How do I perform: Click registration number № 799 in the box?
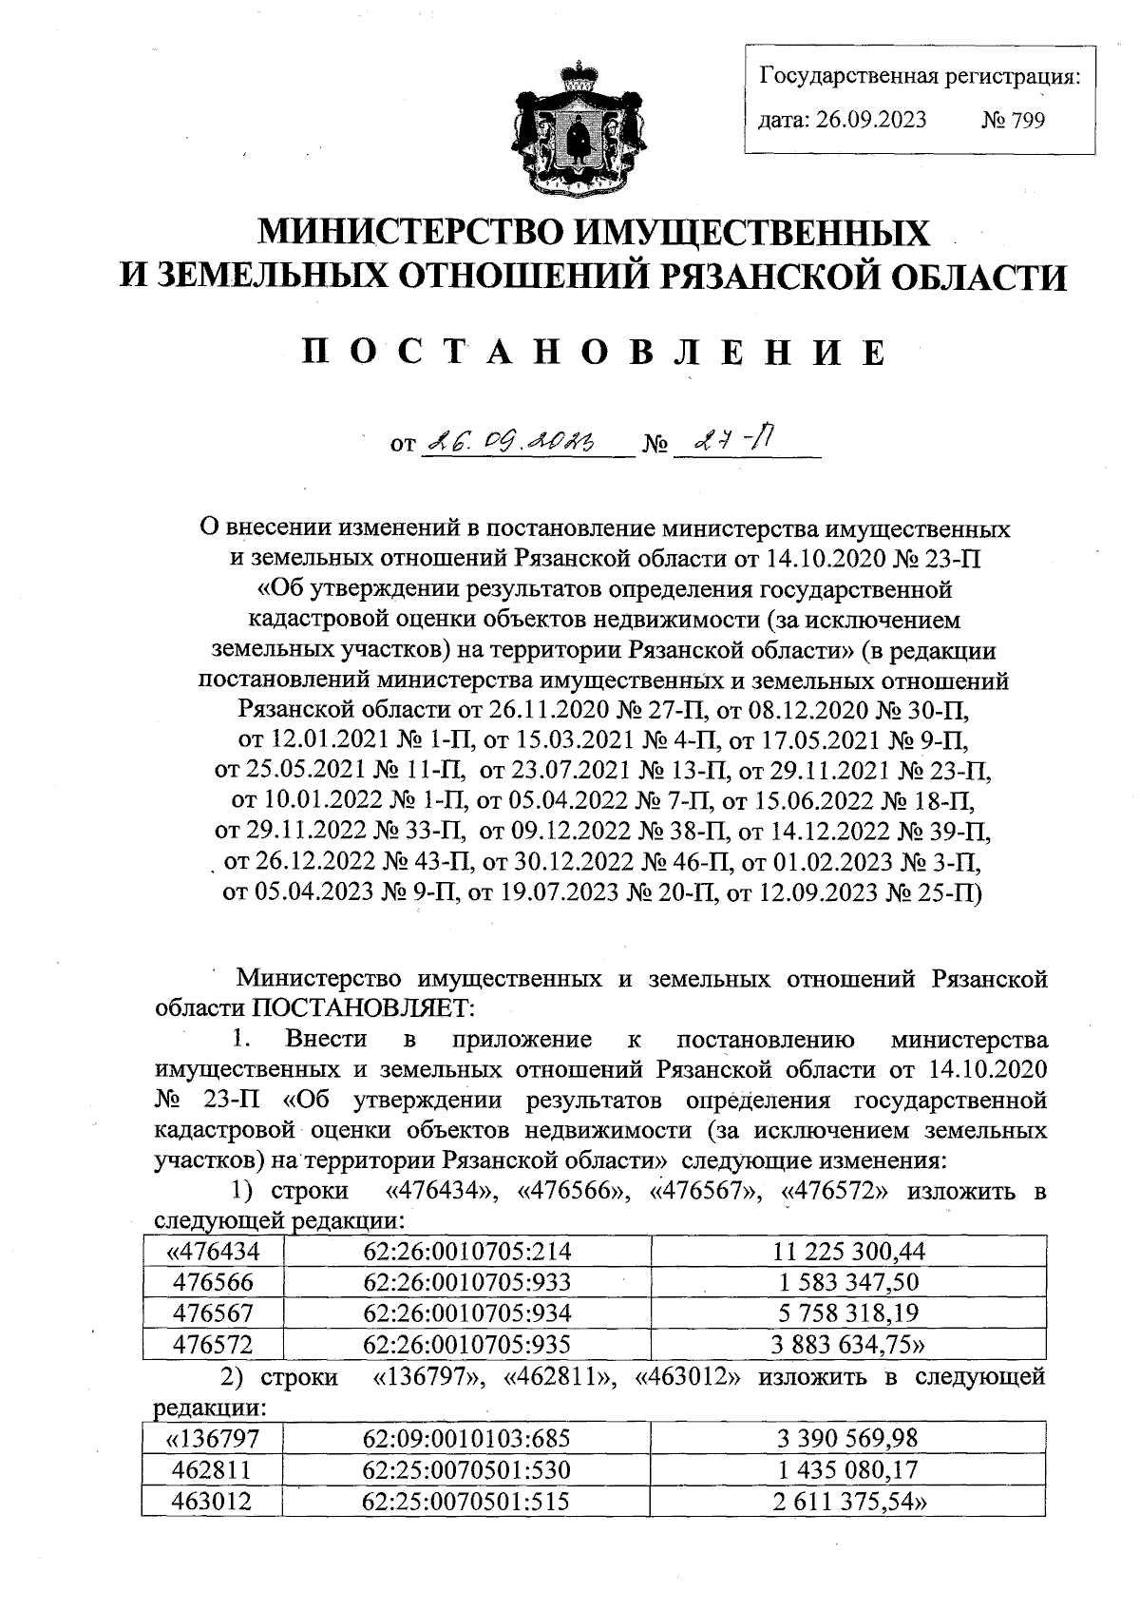[1013, 121]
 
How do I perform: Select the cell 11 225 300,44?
[848, 1251]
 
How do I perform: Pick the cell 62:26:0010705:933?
[467, 1282]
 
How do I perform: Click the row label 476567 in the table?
[213, 1313]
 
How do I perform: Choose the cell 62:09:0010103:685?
[467, 1439]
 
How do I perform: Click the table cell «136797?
[213, 1439]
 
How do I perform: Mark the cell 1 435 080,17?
[848, 1470]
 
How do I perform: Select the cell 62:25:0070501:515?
[467, 1502]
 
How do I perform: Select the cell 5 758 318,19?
[848, 1313]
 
